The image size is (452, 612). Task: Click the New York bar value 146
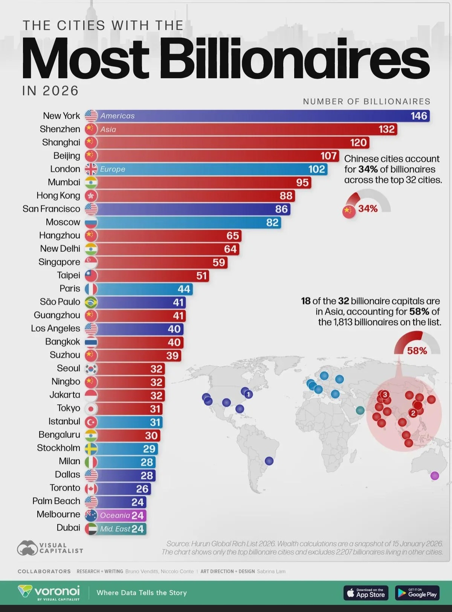(419, 116)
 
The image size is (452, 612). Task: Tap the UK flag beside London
(91, 169)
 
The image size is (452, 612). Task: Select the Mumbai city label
(64, 182)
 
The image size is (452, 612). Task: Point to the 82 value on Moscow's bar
(272, 222)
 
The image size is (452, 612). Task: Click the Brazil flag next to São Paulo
(91, 302)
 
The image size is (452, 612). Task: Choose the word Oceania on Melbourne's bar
(115, 515)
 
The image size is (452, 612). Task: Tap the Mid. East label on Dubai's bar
(115, 529)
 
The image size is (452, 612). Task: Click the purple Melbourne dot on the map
(435, 476)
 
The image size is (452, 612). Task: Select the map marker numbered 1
(249, 394)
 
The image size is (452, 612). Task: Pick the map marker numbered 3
(385, 394)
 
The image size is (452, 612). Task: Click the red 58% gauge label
(417, 351)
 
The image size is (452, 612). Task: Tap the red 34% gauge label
(368, 209)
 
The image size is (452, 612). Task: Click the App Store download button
(366, 593)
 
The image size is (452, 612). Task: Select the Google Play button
(417, 593)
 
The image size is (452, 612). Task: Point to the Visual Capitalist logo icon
(27, 548)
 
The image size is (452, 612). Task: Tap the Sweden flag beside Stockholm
(91, 449)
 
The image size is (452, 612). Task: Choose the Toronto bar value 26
(142, 489)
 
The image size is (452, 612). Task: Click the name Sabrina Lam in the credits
(271, 571)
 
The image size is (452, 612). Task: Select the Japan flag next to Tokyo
(91, 409)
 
